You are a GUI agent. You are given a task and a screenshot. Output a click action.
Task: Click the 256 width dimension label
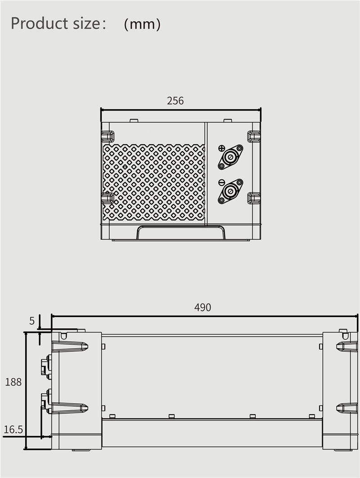pos(175,101)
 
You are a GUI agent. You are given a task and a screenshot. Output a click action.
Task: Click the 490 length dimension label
pos(202,308)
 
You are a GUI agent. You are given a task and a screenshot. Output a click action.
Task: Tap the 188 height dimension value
pos(13,382)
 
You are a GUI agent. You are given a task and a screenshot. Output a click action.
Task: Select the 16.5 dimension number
pos(13,430)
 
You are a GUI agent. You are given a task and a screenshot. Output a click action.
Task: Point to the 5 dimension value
pos(32,321)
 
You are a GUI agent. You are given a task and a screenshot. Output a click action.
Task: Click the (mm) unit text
pos(142,24)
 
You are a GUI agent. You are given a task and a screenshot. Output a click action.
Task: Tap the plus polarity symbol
pos(221,148)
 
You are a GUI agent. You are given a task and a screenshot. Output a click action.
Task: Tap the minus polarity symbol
pos(221,182)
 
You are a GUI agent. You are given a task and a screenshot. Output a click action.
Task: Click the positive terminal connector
pos(230,157)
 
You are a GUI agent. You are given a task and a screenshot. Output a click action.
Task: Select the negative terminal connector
pos(230,191)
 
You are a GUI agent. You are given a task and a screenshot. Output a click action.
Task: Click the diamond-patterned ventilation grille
pos(153,182)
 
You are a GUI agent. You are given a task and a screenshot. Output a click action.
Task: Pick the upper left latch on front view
pos(108,136)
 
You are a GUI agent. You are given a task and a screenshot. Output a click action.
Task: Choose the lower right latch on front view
pos(254,198)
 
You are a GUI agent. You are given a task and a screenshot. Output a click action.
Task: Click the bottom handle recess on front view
pos(181,232)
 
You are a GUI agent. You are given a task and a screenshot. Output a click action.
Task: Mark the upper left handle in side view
pos(70,346)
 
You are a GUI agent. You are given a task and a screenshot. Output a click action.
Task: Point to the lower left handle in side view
pos(70,408)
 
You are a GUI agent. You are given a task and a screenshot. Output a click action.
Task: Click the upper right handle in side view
pos(347,346)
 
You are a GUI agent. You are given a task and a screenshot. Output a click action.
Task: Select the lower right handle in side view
pos(347,408)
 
